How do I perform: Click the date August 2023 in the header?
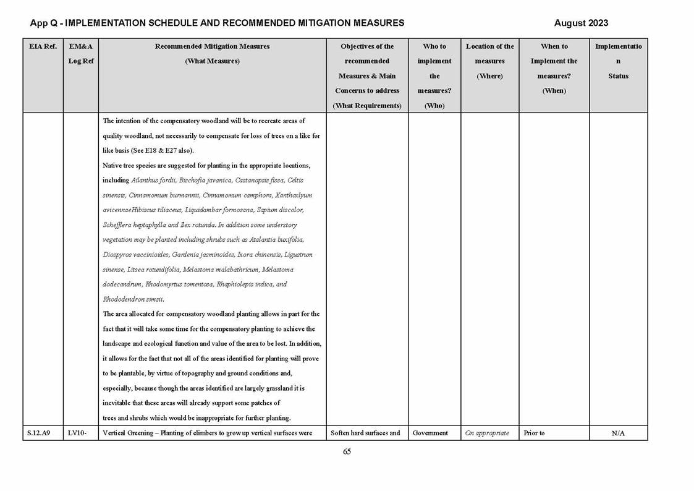pos(581,23)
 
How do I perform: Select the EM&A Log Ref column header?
pos(81,54)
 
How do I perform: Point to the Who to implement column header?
pos(434,75)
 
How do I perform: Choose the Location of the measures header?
pos(489,61)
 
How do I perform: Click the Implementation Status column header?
pos(618,61)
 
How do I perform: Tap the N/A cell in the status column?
pos(618,433)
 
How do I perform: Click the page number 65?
pos(347,452)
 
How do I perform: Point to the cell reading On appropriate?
pos(487,433)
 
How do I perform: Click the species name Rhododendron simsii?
pos(133,299)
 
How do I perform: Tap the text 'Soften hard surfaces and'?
pos(366,433)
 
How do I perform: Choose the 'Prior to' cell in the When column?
pos(534,433)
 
